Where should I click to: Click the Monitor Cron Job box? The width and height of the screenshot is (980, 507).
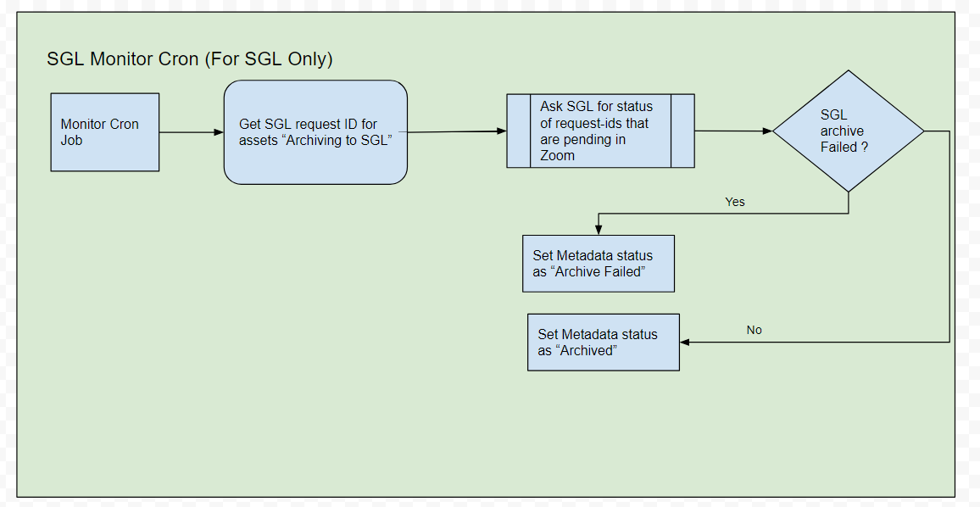coord(105,132)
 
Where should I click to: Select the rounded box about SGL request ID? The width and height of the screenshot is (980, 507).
coord(315,132)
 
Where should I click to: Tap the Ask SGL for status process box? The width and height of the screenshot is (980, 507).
coord(600,131)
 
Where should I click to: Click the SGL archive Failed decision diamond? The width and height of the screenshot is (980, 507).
coord(848,131)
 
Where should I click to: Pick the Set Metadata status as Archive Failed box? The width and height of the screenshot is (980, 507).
coord(599,263)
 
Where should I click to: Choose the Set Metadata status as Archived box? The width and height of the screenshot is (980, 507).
coord(604,342)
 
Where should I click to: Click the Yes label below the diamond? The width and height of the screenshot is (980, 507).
coord(735,202)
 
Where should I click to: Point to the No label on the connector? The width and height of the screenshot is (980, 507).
coord(754,330)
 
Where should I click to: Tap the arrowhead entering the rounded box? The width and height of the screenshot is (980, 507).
coord(219,132)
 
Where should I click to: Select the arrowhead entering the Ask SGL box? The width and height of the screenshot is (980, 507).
coord(502,131)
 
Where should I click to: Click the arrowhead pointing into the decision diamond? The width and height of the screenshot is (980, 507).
coord(767,131)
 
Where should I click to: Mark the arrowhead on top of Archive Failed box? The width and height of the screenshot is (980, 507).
coord(599,230)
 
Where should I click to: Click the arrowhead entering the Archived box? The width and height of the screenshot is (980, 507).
coord(685,342)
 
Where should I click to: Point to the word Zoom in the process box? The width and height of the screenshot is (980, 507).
coord(558,156)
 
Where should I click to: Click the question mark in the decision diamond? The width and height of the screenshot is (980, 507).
coord(865,148)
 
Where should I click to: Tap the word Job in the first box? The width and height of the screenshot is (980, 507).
coord(71,140)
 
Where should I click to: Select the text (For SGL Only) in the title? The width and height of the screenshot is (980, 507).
coord(269,58)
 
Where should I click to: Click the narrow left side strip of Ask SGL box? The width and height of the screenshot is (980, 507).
coord(519,131)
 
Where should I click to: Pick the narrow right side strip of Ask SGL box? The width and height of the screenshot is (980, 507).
coord(683,131)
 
